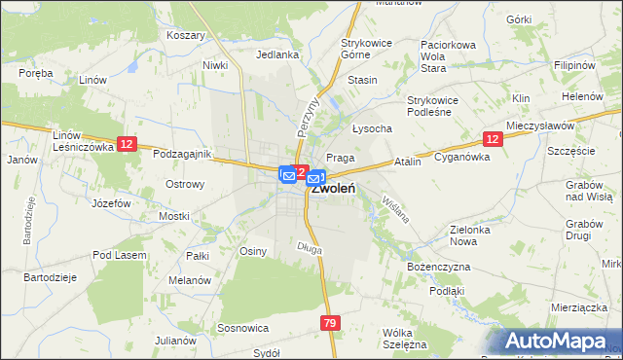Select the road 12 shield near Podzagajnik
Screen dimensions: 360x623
click(127, 144)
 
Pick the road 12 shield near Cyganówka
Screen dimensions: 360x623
click(492, 140)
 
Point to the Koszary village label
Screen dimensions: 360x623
click(186, 35)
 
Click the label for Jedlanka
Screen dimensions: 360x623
click(276, 55)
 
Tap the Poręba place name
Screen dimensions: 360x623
click(34, 72)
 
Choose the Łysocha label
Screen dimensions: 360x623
click(372, 128)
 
